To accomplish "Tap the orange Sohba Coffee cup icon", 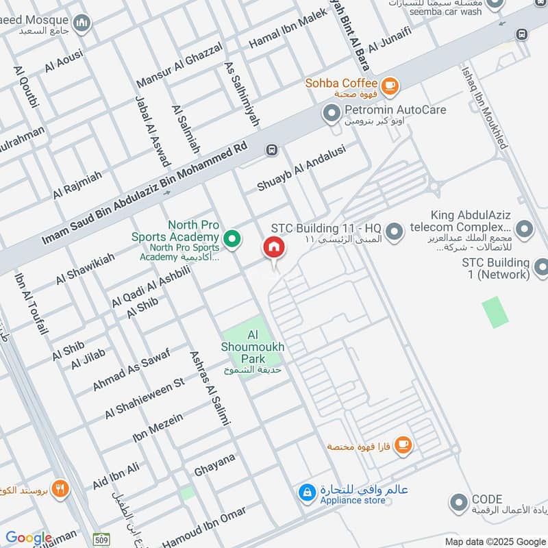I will coord(390,86).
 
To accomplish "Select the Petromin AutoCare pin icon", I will coord(332,112).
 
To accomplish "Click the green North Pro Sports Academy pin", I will coord(233,239).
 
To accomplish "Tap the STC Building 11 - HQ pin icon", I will coord(394,232).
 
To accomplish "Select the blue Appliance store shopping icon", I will coord(307,492).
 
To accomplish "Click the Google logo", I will coord(28,538).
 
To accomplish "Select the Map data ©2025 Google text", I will coord(494,541).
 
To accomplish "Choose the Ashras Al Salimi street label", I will coord(208,388).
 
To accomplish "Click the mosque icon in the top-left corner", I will coord(84,25).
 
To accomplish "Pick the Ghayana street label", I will coord(214,465).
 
